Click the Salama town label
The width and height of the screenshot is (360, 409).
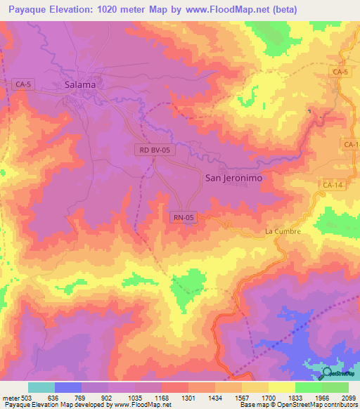(x=79, y=85)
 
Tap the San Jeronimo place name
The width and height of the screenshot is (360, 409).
(x=233, y=178)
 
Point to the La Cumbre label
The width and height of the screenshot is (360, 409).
(x=283, y=231)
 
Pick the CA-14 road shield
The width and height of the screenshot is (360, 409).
(x=332, y=185)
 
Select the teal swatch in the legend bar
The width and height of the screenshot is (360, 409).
(x=41, y=387)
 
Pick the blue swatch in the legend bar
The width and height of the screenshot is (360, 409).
(x=68, y=387)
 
